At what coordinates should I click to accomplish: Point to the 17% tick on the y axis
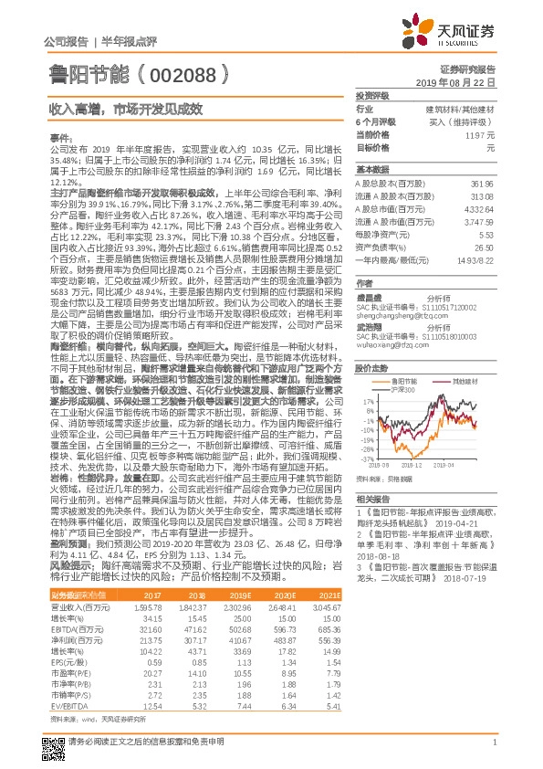point(370,401)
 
